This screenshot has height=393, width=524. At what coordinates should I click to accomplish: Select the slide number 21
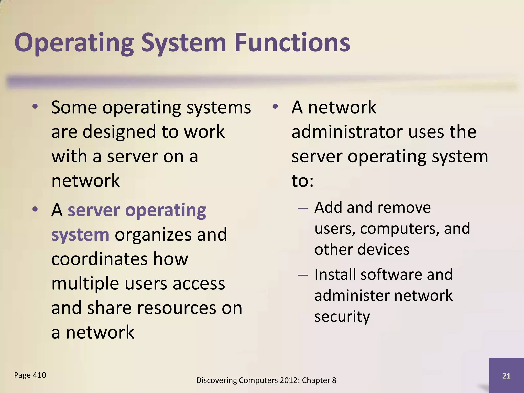pyautogui.click(x=506, y=376)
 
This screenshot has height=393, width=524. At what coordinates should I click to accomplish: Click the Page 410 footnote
pyautogui.click(x=30, y=375)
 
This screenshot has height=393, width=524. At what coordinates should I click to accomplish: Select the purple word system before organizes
pyautogui.click(x=80, y=235)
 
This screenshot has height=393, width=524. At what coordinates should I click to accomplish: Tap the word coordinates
pyautogui.click(x=99, y=259)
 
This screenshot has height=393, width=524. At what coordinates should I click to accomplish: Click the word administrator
pyautogui.click(x=347, y=132)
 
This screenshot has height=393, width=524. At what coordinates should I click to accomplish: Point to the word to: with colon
pyautogui.click(x=302, y=181)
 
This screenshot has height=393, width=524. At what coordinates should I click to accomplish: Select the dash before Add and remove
pyautogui.click(x=302, y=208)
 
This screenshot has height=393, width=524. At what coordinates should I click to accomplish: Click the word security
pyautogui.click(x=342, y=317)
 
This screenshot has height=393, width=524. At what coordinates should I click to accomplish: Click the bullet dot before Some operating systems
pyautogui.click(x=35, y=107)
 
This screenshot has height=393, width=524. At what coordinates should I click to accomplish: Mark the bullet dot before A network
pyautogui.click(x=275, y=107)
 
